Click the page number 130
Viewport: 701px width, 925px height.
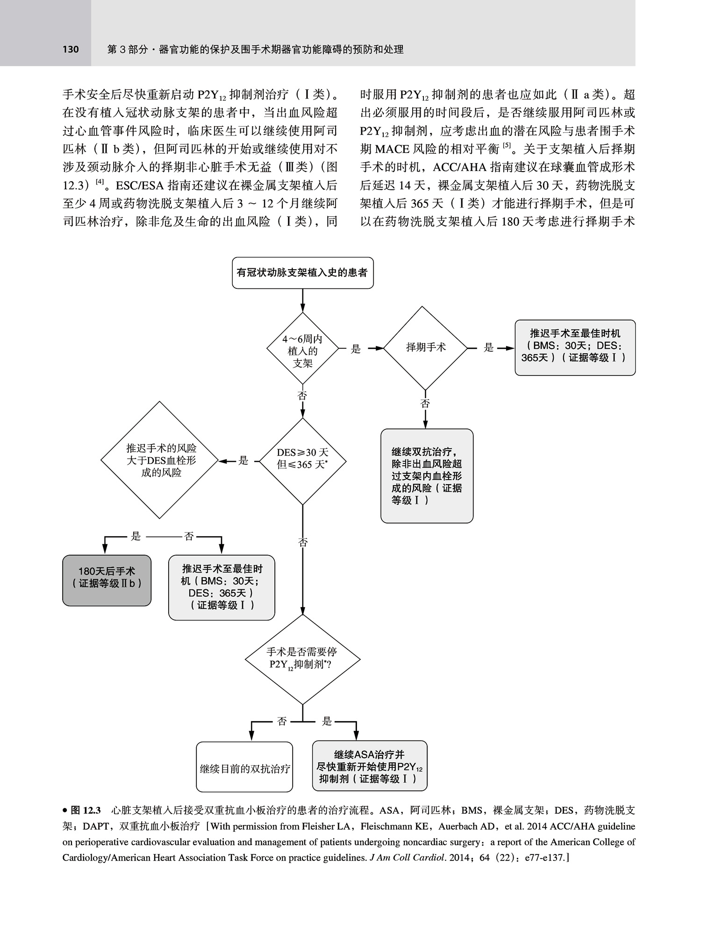pyautogui.click(x=71, y=49)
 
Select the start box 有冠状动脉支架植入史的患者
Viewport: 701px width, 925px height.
pyautogui.click(x=302, y=272)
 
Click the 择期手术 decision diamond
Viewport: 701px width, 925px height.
pyautogui.click(x=425, y=348)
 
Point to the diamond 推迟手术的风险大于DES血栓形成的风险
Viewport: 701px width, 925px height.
pyautogui.click(x=160, y=460)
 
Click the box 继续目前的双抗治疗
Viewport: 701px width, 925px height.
pyautogui.click(x=244, y=768)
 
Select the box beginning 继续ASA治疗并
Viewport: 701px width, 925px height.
pyautogui.click(x=370, y=767)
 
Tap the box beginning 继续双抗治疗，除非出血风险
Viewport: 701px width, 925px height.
pyautogui.click(x=427, y=476)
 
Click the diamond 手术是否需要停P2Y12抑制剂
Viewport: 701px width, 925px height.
pyautogui.click(x=302, y=659)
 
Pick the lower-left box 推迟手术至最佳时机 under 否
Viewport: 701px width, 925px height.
pyautogui.click(x=222, y=587)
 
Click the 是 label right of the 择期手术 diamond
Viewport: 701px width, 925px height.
pyautogui.click(x=488, y=348)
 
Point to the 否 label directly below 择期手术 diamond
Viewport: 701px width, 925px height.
pyautogui.click(x=425, y=403)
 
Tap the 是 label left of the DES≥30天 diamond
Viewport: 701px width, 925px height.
pyautogui.click(x=243, y=461)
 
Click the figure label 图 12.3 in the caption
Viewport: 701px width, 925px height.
pyautogui.click(x=85, y=810)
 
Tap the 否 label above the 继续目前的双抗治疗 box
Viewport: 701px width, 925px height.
pyautogui.click(x=282, y=721)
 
